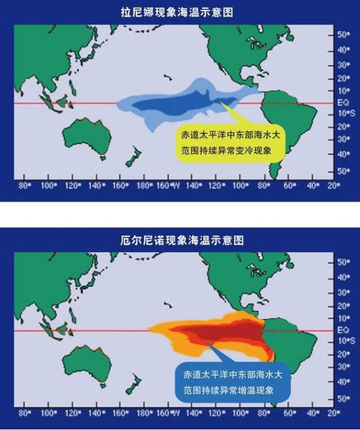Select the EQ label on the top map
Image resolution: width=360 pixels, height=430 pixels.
coord(341,103)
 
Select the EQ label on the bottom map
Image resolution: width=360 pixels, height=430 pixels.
coord(341,331)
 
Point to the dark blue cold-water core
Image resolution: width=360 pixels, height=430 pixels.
coord(172,104)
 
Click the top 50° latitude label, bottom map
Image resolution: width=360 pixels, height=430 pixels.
coord(342,262)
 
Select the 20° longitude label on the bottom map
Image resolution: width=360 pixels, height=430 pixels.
coord(334,412)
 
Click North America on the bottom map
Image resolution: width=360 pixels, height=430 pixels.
coord(249,278)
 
